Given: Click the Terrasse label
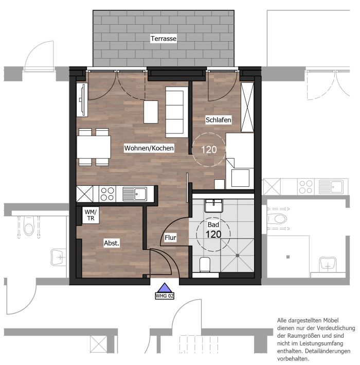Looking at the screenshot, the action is pos(163,39).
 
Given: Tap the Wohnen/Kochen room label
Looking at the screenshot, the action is pos(149,148).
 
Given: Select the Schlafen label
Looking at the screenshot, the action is pos(219,120).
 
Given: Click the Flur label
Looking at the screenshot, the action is pos(170,238).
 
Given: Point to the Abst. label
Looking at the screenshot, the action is pos(112,243).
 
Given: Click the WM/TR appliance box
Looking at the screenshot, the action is pos(91,215).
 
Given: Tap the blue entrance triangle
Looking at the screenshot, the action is pos(165,288).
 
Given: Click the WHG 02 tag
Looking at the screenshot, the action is pos(165,296).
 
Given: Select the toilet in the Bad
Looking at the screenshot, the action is pos(205,265).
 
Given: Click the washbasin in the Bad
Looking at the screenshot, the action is pos(214,206).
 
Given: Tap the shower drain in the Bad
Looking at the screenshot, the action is pos(238,255).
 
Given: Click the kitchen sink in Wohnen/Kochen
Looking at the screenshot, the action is pos(135,194).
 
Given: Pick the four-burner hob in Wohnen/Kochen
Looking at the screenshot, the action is pos(107,194).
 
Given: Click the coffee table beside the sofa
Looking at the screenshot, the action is pos(151,112).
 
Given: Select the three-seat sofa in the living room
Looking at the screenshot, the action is pos(177,112).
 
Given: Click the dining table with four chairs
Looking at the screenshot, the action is pos(94,147).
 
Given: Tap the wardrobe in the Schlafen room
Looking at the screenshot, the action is pos(247,107).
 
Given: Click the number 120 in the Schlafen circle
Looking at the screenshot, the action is pos(209,150).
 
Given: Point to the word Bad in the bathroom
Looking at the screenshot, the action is pos(213,224).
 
